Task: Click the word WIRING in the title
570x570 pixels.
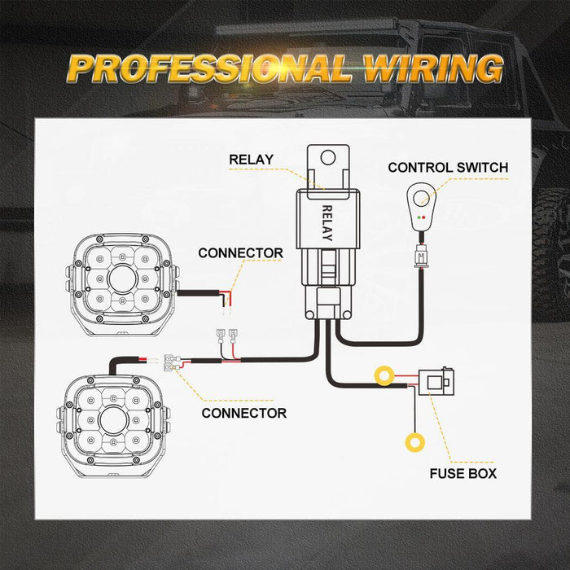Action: pyautogui.click(x=433, y=68)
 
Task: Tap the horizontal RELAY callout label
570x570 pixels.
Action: pyautogui.click(x=251, y=160)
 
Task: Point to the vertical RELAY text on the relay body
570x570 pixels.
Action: pyautogui.click(x=327, y=223)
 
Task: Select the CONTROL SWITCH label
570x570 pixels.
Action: pyautogui.click(x=448, y=168)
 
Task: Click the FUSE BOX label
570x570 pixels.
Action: pyautogui.click(x=463, y=474)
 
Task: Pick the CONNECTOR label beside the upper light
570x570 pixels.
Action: pyautogui.click(x=241, y=253)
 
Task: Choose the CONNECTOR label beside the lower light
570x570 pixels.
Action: pyautogui.click(x=244, y=413)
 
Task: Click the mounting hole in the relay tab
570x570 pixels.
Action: pyautogui.click(x=328, y=158)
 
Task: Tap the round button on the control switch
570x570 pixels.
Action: pyautogui.click(x=421, y=197)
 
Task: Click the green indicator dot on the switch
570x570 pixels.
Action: pyautogui.click(x=419, y=217)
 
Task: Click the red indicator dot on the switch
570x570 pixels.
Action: pyautogui.click(x=424, y=217)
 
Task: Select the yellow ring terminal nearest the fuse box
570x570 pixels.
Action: pyautogui.click(x=384, y=368)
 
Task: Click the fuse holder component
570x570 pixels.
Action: pyautogui.click(x=436, y=382)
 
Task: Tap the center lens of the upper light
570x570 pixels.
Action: pyautogui.click(x=122, y=279)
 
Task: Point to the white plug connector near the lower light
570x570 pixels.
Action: pyautogui.click(x=172, y=363)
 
